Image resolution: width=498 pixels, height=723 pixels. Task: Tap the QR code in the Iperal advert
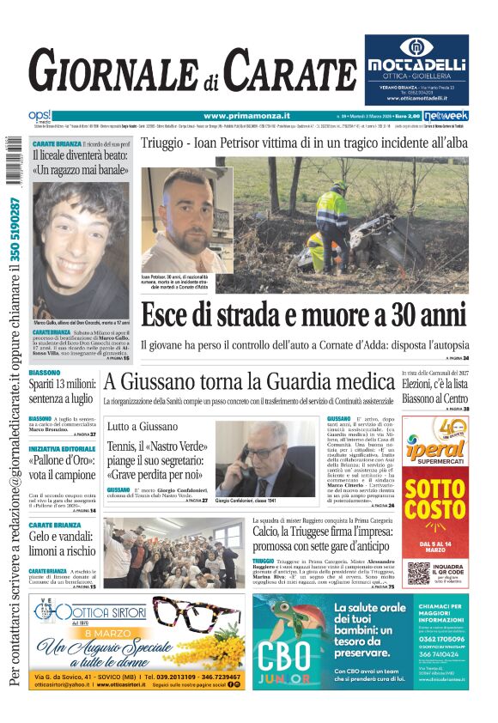[418, 572]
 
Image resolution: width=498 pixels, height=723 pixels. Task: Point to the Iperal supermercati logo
[434, 447]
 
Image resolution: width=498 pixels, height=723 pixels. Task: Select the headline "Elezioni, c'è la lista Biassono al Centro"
[434, 392]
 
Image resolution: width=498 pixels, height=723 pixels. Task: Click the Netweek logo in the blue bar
[452, 116]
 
